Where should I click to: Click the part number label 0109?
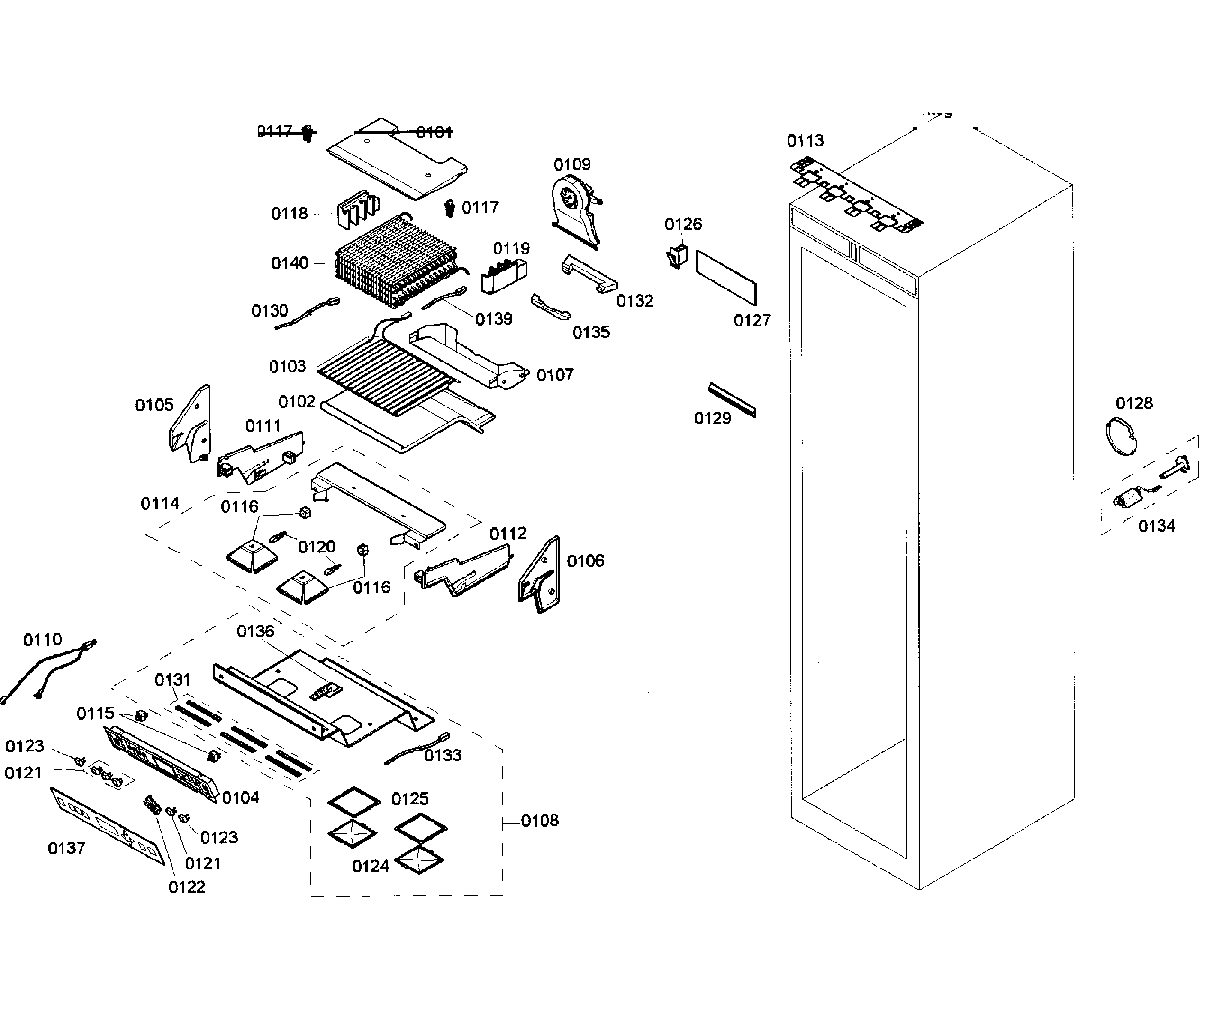(x=572, y=164)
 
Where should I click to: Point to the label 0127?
(x=752, y=320)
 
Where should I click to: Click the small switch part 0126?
(x=677, y=255)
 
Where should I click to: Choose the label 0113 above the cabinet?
(x=805, y=141)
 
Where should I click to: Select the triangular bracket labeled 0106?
(x=539, y=575)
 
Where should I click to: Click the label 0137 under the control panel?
(x=66, y=848)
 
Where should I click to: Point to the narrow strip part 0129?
(x=732, y=400)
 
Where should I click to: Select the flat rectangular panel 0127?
(x=726, y=278)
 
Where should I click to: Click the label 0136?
(x=255, y=632)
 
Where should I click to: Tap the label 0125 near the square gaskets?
(x=409, y=798)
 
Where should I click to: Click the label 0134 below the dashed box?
(x=1156, y=526)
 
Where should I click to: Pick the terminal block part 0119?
(x=503, y=276)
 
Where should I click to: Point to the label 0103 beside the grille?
(x=287, y=366)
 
